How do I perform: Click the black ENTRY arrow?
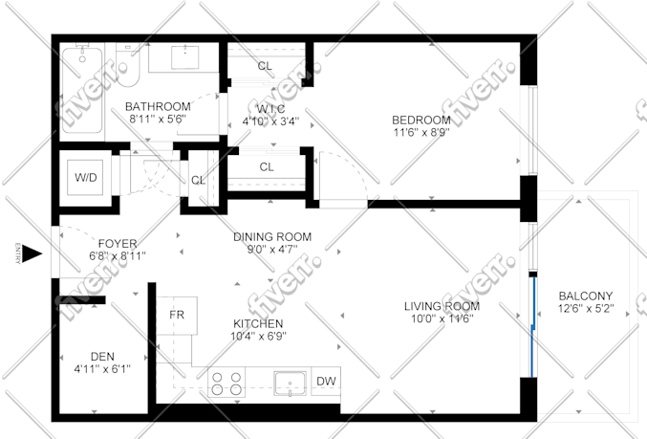coord(32,253)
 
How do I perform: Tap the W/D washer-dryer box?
coord(85,178)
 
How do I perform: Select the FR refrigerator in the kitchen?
coord(177,316)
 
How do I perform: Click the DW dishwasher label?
coord(326,382)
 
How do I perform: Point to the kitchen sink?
coord(291,384)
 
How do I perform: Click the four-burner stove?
coord(226,383)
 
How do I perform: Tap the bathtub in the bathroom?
coord(82,90)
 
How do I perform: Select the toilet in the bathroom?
coord(127,66)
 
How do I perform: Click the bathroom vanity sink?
coord(184,56)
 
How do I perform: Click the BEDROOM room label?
coord(421,121)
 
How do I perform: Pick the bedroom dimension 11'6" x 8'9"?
coord(421,133)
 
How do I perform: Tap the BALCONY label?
coord(586,296)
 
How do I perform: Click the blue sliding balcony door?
coord(532,326)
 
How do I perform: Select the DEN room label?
coord(102,357)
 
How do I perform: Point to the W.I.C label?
coord(270,109)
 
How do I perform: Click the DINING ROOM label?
coord(272,237)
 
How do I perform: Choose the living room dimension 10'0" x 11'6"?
coord(442,318)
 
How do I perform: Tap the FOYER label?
coord(118,244)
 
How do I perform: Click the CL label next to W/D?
coord(198,181)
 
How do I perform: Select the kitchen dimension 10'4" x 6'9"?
coord(258,336)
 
